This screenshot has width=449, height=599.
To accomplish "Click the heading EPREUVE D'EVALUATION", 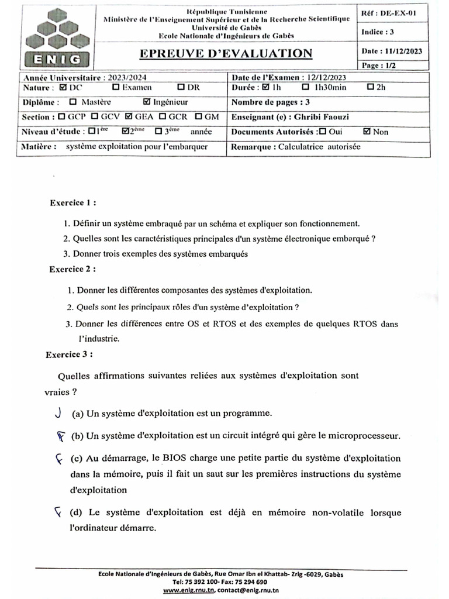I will click(x=226, y=54).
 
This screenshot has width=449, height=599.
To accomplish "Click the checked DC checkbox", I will click(x=63, y=88).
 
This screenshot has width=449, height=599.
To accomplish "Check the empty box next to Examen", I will click(x=116, y=88).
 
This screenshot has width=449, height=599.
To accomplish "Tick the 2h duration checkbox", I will click(x=370, y=88).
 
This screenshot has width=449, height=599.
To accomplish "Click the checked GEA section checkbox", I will click(x=129, y=117).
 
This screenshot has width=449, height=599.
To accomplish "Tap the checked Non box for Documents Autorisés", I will click(x=367, y=132).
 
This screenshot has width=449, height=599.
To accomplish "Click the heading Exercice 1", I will click(x=73, y=204).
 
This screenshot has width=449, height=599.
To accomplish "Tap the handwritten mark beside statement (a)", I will click(x=58, y=413).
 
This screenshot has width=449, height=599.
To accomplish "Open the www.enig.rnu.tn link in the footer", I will click(x=189, y=590).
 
